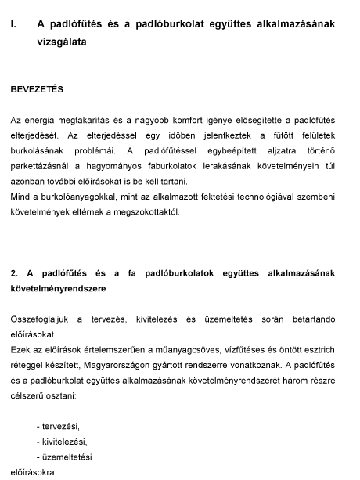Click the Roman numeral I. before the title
coord(14,24)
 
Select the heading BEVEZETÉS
coord(37,90)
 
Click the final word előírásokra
coord(34,472)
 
